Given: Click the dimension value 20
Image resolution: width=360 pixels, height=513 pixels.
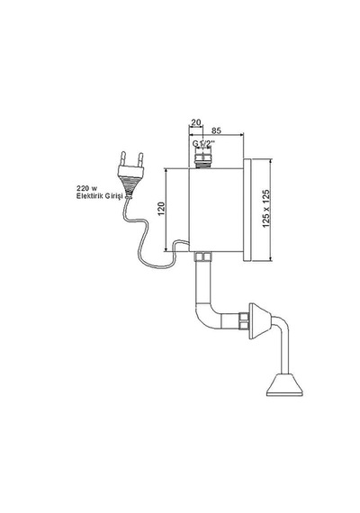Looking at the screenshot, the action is tap(196, 122).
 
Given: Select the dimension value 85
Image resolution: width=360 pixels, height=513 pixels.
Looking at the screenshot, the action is tap(216, 130).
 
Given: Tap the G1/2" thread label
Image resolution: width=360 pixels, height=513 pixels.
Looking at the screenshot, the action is tap(203, 143).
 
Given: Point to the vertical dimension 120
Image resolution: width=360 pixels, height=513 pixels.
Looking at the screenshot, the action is tap(161, 209).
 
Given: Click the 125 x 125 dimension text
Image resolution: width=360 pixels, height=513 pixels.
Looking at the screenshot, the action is tap(266, 209).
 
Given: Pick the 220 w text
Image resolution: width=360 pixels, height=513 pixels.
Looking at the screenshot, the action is tap(86, 188).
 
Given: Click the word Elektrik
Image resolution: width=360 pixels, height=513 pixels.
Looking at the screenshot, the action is tap(88, 196).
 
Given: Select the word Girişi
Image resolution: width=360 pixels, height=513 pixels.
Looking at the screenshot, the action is tap(112, 196).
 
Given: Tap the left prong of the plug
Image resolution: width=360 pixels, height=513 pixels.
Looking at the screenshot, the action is tap(123, 158).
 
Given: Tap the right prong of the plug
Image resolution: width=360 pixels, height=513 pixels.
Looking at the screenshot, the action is tap(140, 160).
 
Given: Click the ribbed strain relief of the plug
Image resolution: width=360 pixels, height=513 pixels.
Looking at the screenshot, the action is tap(128, 187).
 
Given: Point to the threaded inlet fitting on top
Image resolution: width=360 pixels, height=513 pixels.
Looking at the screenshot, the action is tap(202, 160).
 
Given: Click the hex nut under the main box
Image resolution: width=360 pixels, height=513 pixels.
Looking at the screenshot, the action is tap(202, 256).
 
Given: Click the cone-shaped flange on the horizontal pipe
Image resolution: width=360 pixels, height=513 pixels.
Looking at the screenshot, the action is tap(260, 321).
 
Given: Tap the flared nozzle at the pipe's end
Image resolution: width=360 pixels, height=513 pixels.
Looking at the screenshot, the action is tap(284, 385).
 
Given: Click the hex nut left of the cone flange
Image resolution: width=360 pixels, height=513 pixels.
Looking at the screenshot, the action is tap(244, 320).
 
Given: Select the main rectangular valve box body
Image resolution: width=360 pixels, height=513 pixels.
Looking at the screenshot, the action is tap(216, 210).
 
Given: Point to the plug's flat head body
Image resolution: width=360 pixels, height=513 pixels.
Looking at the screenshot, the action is tap(130, 170).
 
